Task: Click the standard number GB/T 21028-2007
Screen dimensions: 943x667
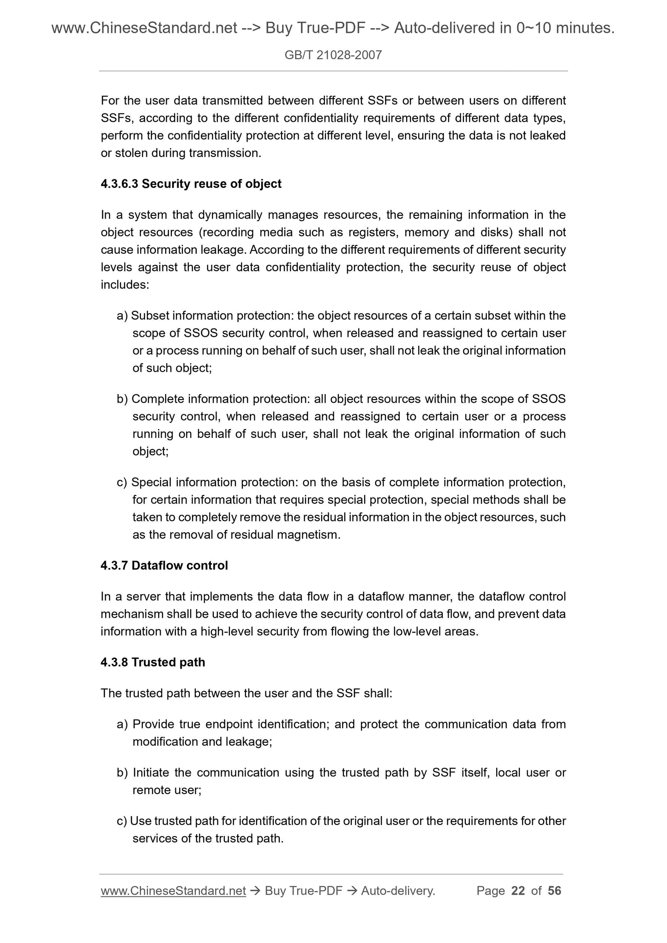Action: [x=333, y=56]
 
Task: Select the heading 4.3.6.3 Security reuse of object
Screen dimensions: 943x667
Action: [x=191, y=184]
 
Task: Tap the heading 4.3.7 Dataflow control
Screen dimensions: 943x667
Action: [x=164, y=566]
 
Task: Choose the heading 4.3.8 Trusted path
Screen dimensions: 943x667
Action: [x=153, y=662]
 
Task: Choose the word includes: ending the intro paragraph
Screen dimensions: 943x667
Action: [x=125, y=285]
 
